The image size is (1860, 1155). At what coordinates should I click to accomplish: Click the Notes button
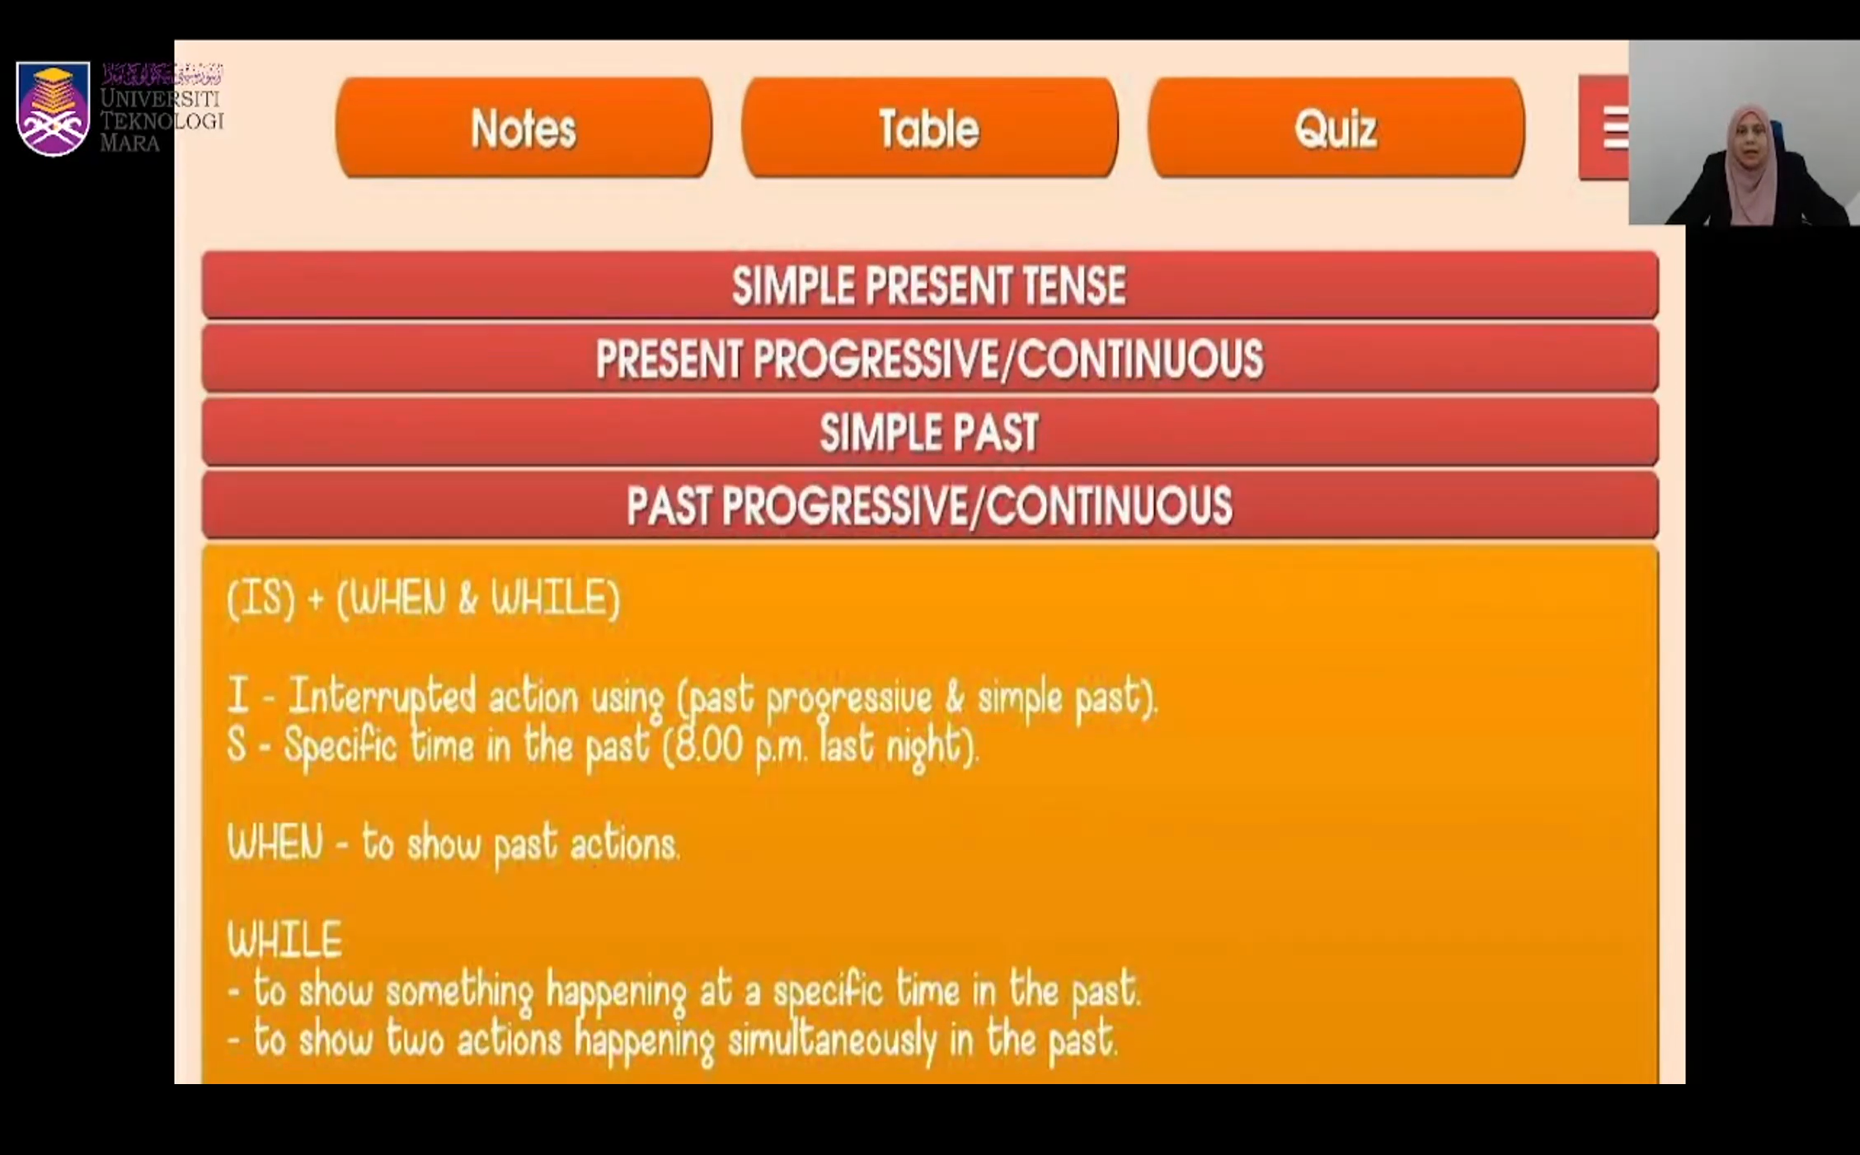(x=524, y=128)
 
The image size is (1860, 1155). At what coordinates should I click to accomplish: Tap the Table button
(x=930, y=128)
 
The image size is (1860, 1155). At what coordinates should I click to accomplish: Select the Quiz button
(x=1336, y=128)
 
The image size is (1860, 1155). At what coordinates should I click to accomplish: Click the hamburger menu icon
(x=1614, y=129)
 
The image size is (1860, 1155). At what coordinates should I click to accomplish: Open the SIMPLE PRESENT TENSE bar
(x=930, y=285)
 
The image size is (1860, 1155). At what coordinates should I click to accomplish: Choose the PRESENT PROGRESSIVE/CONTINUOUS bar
(x=930, y=359)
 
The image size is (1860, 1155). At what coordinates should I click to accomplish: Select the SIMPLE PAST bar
(x=930, y=432)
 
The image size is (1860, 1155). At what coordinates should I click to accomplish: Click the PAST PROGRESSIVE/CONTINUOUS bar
(x=930, y=505)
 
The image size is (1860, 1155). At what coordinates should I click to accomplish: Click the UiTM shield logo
(x=53, y=108)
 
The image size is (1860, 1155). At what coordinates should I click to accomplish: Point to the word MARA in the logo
(x=129, y=143)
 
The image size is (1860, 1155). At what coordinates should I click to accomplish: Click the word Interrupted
(x=383, y=697)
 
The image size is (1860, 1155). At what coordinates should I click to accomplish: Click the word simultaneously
(x=832, y=1040)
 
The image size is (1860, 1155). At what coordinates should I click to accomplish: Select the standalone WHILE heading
(x=284, y=940)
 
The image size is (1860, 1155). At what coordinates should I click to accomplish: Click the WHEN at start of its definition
(x=275, y=844)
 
